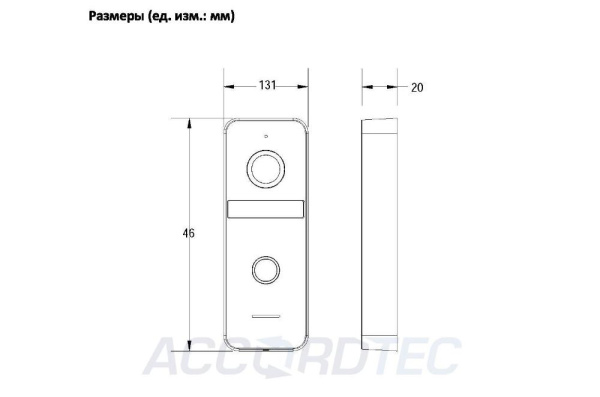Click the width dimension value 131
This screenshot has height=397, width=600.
[267, 86]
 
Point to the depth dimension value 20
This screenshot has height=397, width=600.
[417, 87]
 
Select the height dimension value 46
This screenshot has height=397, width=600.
[188, 234]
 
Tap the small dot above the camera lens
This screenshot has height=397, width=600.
[266, 135]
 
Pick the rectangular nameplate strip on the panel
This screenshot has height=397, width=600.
[266, 209]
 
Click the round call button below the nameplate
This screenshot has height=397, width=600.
[266, 270]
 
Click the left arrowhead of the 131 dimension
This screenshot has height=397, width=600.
[226, 86]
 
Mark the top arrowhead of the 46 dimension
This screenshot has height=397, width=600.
[188, 122]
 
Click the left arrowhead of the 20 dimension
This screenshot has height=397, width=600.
[363, 87]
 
